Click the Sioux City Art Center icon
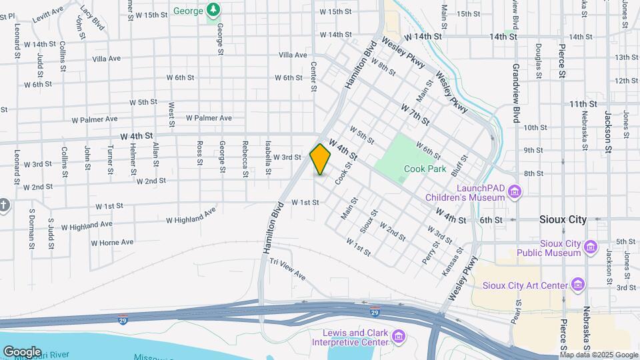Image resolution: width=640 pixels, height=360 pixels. click(578, 285)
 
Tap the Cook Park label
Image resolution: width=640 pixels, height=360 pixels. click(425, 169)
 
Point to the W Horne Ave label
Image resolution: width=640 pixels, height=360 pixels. click(113, 242)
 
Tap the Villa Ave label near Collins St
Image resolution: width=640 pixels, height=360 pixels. click(107, 59)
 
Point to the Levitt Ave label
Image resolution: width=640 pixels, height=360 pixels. click(49, 11)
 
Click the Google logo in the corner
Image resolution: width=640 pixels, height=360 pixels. click(22, 351)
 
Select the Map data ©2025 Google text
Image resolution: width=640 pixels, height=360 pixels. click(599, 355)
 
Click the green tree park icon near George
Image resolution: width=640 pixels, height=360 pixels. click(213, 10)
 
